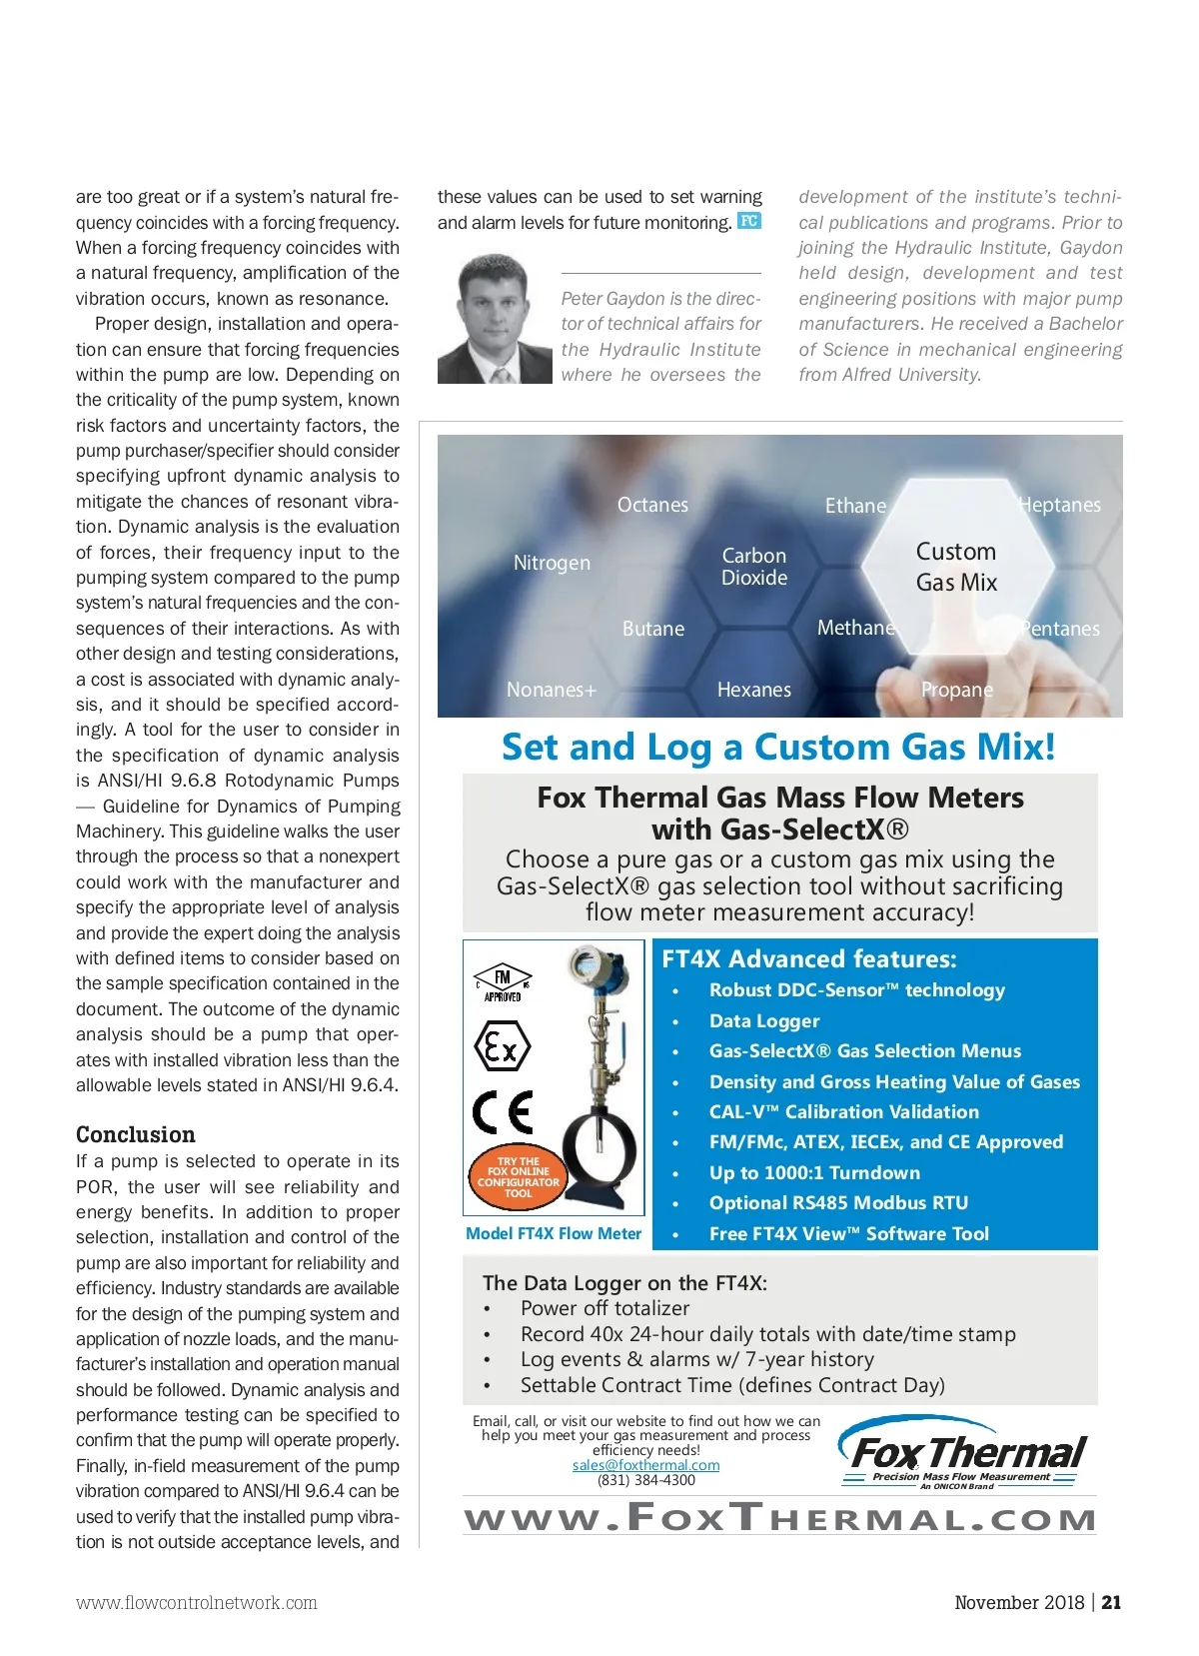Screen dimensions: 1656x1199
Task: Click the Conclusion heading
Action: point(136,1134)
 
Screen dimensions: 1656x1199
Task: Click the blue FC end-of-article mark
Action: point(748,221)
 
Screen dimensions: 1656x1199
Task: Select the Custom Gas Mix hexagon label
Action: point(956,567)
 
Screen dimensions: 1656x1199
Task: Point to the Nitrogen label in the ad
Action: point(552,563)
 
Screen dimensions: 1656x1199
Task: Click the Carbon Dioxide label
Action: point(754,567)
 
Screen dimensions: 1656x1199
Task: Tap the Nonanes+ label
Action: point(551,690)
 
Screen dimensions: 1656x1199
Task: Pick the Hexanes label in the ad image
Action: point(753,690)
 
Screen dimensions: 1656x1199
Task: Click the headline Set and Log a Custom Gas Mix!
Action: point(778,747)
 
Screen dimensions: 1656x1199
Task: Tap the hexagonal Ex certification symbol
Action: point(502,1046)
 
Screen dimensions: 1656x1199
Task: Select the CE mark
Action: point(503,1111)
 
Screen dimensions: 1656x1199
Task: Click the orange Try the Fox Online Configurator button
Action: point(518,1177)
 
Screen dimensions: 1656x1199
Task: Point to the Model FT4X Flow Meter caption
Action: point(554,1233)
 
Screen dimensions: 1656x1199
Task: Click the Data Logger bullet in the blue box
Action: point(764,1020)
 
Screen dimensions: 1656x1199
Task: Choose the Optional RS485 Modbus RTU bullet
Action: point(838,1202)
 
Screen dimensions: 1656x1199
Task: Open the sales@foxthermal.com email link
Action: point(645,1465)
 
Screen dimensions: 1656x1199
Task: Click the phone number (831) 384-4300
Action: point(645,1480)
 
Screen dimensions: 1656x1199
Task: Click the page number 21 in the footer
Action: point(1111,1602)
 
